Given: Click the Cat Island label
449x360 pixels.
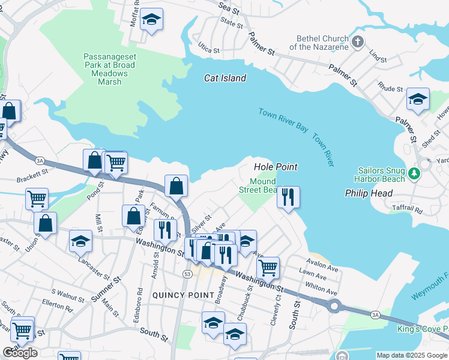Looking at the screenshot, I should coord(225,78).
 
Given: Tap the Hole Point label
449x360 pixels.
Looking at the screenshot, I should coord(276,167).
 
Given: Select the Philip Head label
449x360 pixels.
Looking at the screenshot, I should coord(369,193).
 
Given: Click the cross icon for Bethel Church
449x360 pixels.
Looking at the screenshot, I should coord(358,42).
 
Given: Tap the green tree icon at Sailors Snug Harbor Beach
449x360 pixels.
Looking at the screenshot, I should coord(413,174).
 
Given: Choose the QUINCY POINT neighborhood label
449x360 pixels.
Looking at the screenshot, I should coord(183,295).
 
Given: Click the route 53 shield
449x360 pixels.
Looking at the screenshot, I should coord(188,274).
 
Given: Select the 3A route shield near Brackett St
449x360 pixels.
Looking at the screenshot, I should coord(40,160).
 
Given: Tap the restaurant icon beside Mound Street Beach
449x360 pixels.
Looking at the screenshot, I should coord(288,197).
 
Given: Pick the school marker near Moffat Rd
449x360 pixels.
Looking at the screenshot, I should coord(152,20).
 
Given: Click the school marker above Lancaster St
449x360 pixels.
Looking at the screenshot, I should coord(80,241).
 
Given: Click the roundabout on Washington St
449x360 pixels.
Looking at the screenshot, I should coord(334,306).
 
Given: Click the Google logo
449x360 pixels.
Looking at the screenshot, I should coord(20,352).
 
